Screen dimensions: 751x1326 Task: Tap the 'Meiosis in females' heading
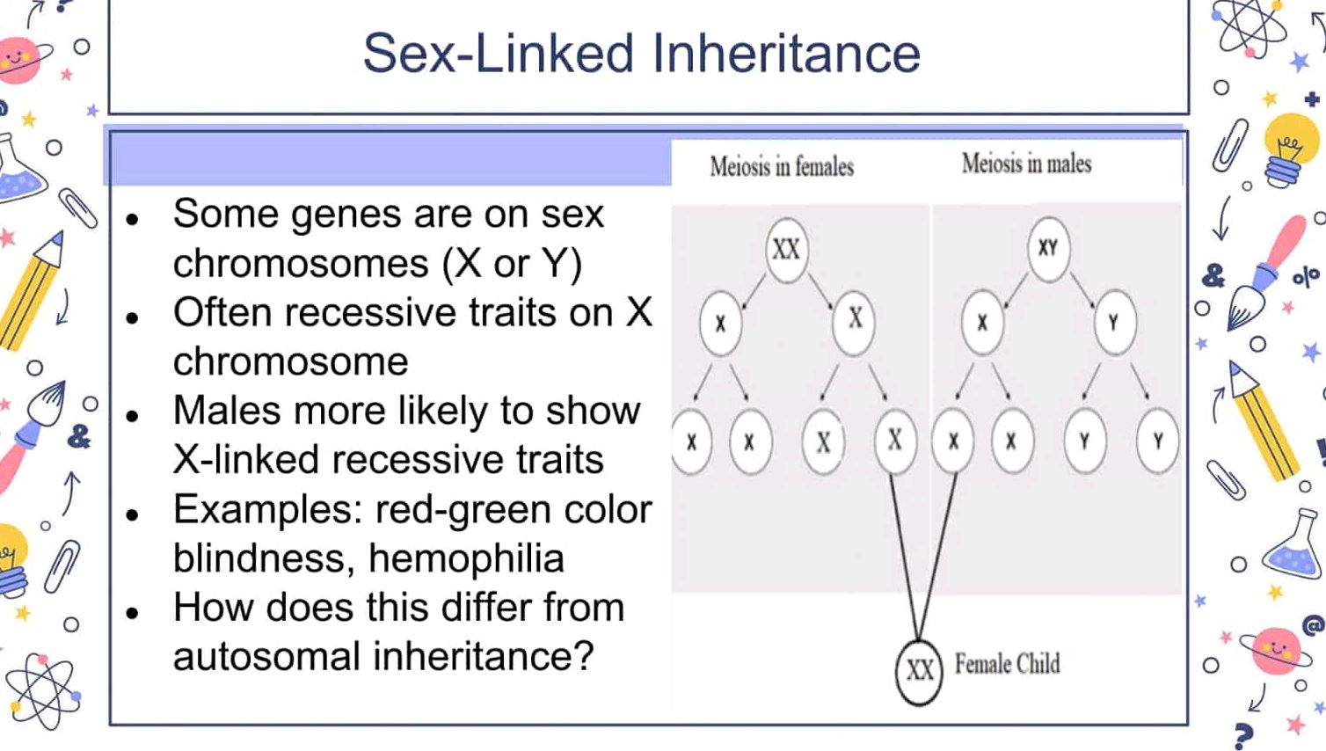coord(782,166)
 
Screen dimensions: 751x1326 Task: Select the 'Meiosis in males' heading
coord(1026,164)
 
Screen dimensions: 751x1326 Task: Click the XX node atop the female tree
coord(786,250)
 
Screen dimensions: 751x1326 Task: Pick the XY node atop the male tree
coord(1047,248)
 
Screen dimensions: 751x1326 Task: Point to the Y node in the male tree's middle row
coord(1114,323)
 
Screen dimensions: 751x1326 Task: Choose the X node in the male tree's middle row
coord(982,323)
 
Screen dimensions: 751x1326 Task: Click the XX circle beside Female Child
coord(919,671)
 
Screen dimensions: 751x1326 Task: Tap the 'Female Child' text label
coord(1007,664)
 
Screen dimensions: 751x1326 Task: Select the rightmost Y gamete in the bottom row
coord(1157,441)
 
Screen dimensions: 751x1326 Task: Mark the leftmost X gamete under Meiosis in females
coord(692,441)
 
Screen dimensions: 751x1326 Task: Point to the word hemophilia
coord(466,558)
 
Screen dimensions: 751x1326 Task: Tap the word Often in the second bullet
coord(225,313)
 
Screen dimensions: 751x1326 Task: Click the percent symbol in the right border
coord(1305,278)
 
